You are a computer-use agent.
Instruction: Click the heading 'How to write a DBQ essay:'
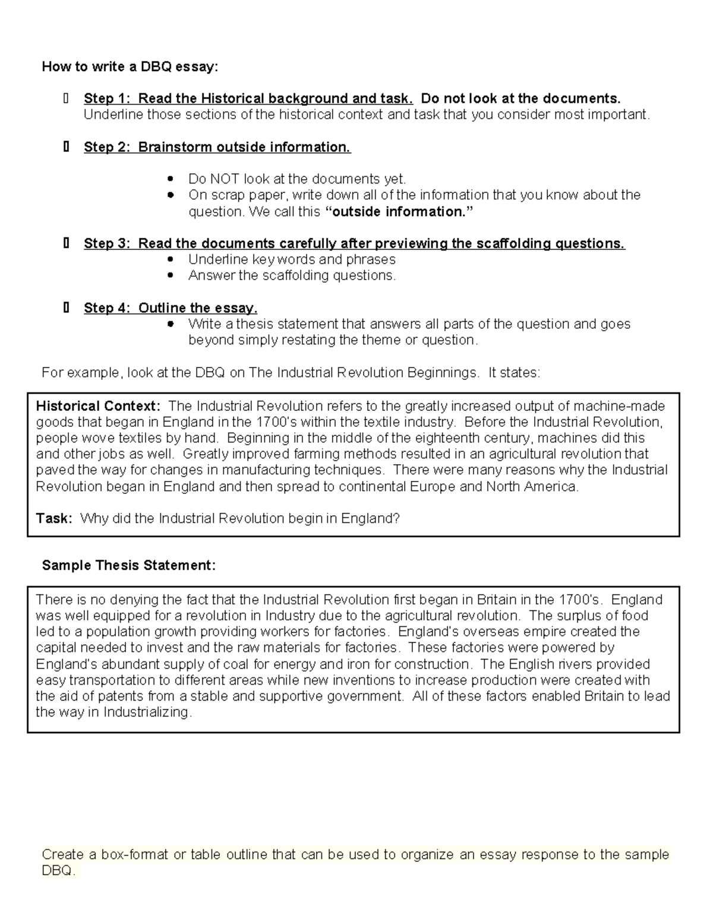130,66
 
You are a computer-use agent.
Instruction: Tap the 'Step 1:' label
108,99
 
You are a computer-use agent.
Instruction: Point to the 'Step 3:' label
108,243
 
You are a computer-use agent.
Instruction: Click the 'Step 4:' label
108,308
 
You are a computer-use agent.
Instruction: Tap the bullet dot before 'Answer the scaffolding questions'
171,275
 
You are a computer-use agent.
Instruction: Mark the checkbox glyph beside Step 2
66,147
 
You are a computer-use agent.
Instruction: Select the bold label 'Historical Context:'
98,406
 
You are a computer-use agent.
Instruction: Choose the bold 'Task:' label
54,518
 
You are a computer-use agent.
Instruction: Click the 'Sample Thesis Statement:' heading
128,565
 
